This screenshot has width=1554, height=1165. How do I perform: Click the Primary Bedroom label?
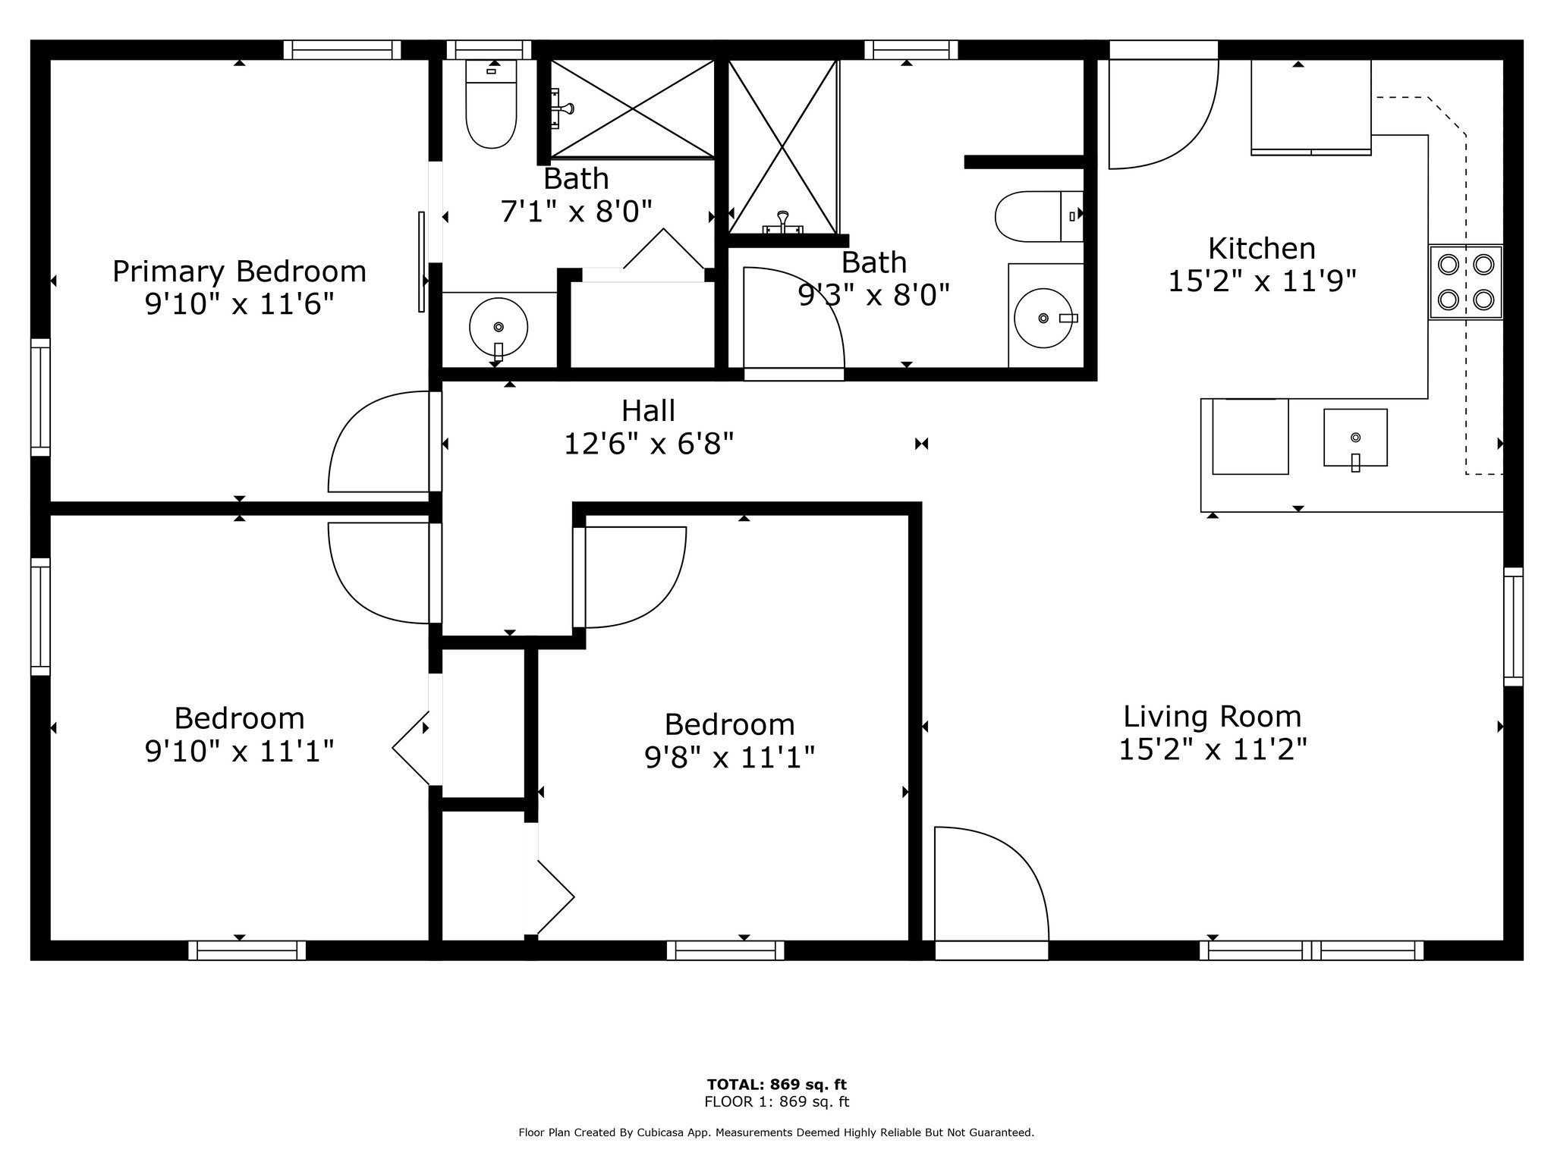[x=239, y=272]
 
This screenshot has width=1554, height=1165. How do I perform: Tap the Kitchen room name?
[x=1262, y=248]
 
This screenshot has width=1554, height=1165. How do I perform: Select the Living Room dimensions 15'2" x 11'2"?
[x=1213, y=749]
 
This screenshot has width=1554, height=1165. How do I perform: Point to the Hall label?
[x=648, y=411]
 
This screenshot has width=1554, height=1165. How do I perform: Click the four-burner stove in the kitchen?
[x=1465, y=282]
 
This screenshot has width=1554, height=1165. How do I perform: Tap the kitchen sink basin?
[x=1355, y=438]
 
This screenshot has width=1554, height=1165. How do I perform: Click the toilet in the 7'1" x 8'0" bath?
[x=491, y=105]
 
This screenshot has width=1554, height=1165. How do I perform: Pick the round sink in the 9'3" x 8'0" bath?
[x=1043, y=318]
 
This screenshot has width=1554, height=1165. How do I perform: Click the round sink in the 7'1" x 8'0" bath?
[x=499, y=328]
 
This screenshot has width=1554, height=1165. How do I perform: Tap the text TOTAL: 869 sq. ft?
[x=776, y=1085]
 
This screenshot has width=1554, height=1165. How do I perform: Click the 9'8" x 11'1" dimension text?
[x=729, y=757]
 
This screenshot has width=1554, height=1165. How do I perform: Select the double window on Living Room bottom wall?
[x=1312, y=950]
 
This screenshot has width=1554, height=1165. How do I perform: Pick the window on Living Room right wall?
[x=1513, y=626]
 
